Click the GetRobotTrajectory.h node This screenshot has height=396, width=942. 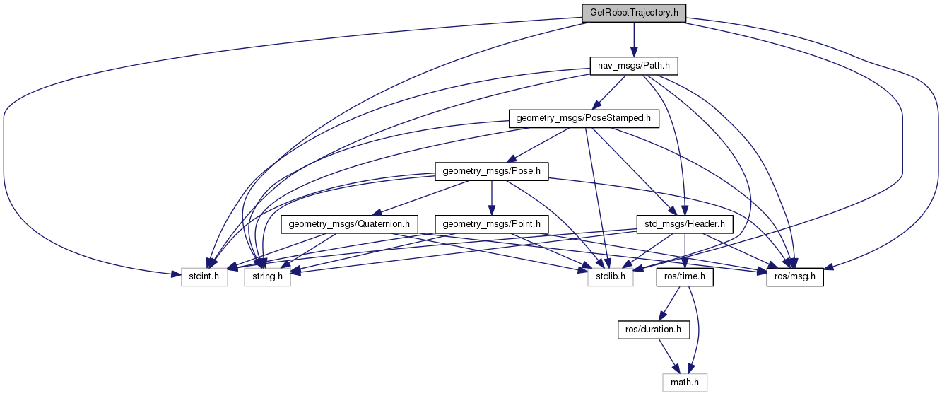pyautogui.click(x=634, y=13)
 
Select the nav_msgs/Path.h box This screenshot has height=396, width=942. pyautogui.click(x=634, y=66)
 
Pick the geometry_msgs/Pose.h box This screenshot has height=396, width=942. pyautogui.click(x=491, y=171)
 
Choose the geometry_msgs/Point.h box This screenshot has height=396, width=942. pyautogui.click(x=491, y=224)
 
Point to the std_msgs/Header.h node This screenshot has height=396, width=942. pyautogui.click(x=685, y=224)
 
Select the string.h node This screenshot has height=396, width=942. pyautogui.click(x=267, y=277)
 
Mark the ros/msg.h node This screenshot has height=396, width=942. pyautogui.click(x=796, y=277)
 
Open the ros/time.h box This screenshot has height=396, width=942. pyautogui.click(x=685, y=277)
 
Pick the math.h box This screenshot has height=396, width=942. pyautogui.click(x=685, y=383)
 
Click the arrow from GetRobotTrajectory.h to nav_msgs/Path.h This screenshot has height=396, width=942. pyautogui.click(x=634, y=40)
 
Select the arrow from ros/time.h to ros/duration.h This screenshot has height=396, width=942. pyautogui.click(x=670, y=303)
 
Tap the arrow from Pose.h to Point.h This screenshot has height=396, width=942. pyautogui.click(x=491, y=197)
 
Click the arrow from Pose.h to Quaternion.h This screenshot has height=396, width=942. pyautogui.click(x=421, y=197)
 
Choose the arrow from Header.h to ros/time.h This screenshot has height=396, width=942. pyautogui.click(x=685, y=250)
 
